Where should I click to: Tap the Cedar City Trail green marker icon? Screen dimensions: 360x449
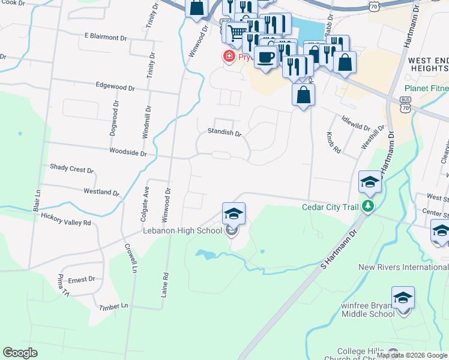369,208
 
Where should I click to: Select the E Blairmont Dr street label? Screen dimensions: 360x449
106,37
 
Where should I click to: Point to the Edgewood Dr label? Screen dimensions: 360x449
115,86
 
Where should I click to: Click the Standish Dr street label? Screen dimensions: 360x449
224,132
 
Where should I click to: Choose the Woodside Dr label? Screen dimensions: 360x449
127,153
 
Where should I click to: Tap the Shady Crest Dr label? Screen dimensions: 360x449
71,169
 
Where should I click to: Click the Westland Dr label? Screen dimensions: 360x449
101,192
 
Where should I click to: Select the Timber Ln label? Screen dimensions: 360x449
116,306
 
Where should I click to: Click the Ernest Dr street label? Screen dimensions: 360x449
81,279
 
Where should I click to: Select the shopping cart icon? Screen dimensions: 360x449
238,32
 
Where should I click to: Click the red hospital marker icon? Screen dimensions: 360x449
228,57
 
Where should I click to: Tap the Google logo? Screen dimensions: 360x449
20,352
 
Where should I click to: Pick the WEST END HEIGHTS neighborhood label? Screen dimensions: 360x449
428,65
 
